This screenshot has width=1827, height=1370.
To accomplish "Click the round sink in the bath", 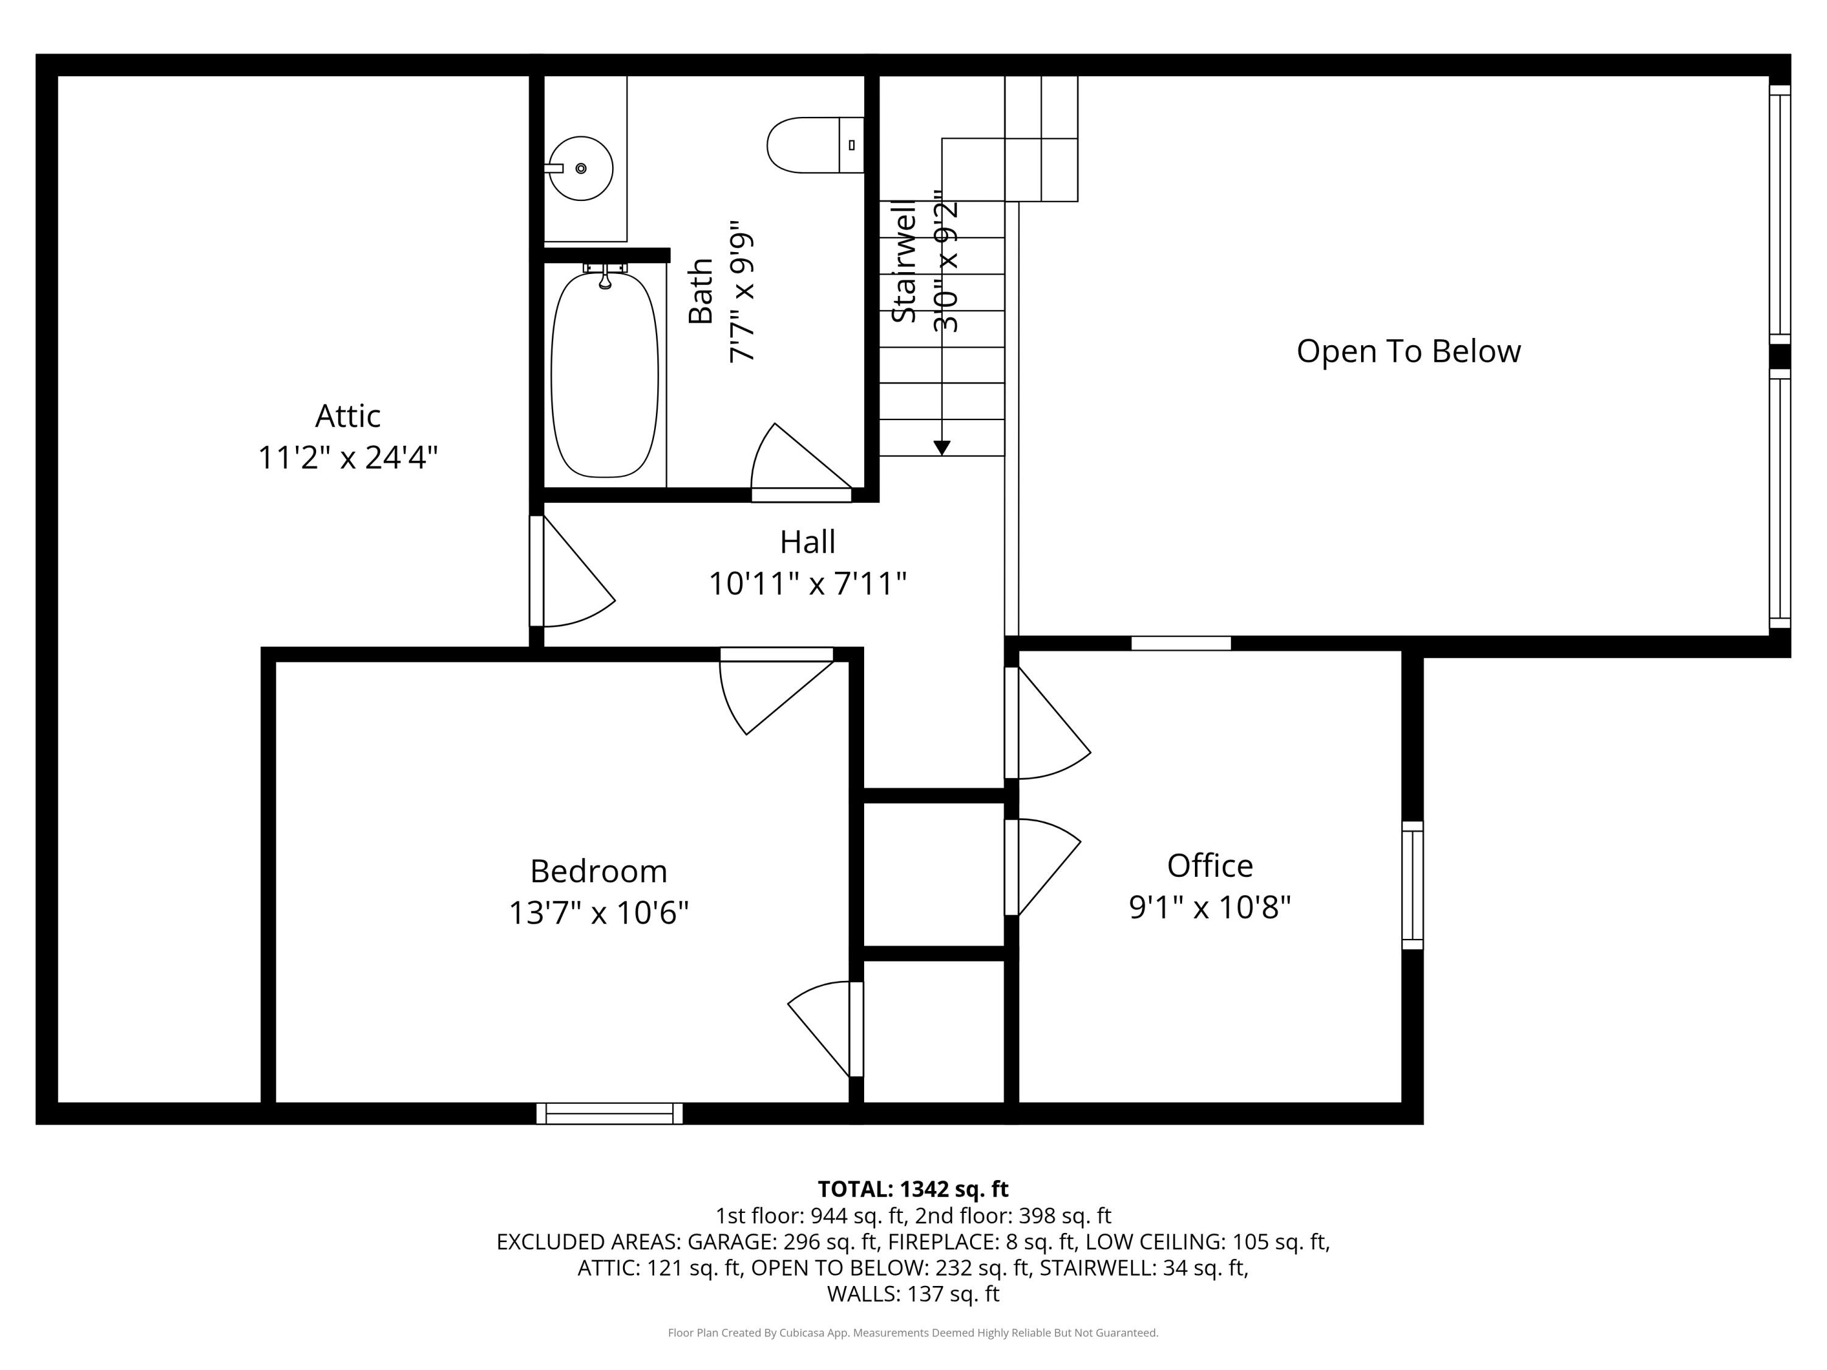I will [580, 169].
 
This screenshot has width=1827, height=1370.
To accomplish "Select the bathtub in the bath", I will [605, 376].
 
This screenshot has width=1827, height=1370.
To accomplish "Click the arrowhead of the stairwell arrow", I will [942, 448].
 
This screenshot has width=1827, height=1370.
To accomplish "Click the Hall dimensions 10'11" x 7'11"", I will [807, 584].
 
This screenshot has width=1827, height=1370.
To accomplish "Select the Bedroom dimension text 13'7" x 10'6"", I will [598, 913].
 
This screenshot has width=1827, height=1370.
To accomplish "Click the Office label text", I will [1209, 865].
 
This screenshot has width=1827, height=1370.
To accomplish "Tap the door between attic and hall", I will [570, 574].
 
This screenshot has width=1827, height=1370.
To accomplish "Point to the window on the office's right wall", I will [1412, 885].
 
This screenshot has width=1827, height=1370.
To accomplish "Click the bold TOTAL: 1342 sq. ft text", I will [913, 1189].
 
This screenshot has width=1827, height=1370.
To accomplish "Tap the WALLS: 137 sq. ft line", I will [913, 1294].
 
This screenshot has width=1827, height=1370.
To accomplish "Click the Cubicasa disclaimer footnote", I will [913, 1333].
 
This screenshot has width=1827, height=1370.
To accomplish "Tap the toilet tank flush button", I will [851, 146].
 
